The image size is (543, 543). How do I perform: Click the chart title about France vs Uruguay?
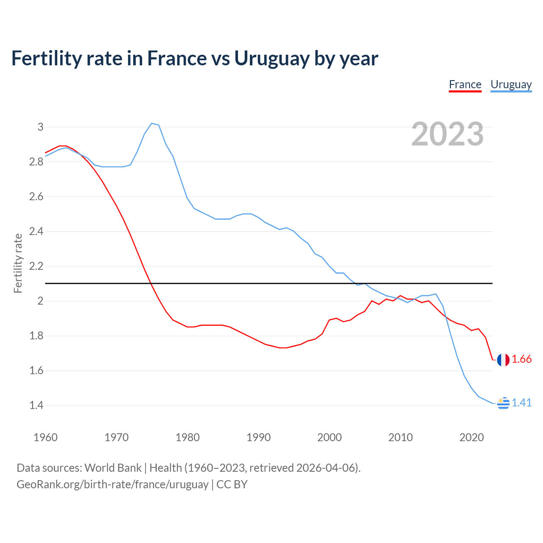tap(195, 58)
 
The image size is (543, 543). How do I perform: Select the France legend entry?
tap(465, 84)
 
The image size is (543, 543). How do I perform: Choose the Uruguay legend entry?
tap(511, 84)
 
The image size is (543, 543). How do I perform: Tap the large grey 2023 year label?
tap(447, 134)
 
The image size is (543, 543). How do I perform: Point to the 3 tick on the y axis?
tap(40, 127)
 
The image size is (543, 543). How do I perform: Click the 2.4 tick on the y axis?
tap(36, 232)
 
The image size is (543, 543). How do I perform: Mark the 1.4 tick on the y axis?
tap(36, 406)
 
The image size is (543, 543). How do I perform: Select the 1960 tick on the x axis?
tap(45, 437)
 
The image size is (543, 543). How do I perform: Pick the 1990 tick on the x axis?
tap(258, 437)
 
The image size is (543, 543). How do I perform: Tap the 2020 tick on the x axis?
tap(471, 437)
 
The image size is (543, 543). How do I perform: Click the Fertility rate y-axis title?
tap(18, 263)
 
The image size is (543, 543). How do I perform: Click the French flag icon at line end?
tap(503, 360)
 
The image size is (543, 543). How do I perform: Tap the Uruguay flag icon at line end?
tap(503, 403)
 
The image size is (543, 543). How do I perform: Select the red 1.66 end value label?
tap(521, 359)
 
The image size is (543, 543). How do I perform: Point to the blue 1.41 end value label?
tap(521, 403)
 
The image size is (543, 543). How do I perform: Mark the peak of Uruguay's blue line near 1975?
tap(152, 123)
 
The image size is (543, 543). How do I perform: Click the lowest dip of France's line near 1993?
tap(283, 348)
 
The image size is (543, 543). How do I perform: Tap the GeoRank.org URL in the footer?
tap(112, 484)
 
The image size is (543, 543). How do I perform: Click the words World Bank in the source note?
tap(113, 468)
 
